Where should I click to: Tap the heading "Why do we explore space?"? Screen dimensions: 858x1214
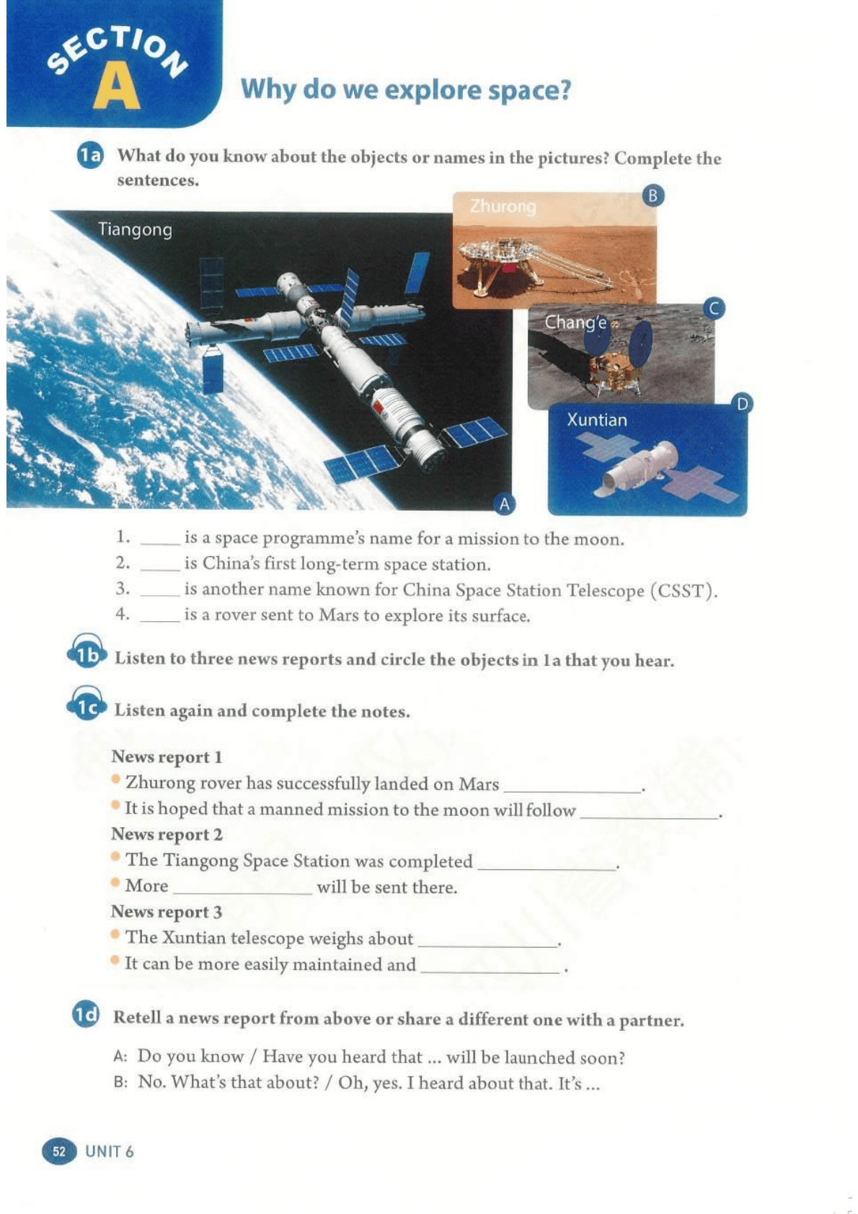pos(406,90)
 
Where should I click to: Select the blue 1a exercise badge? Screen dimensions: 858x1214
pos(90,156)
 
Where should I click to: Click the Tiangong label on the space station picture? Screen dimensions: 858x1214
pos(135,230)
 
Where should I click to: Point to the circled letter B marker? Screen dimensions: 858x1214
pos(653,195)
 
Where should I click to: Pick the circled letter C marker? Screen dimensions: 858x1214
pos(714,309)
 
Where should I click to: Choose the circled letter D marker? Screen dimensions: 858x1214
pos(742,404)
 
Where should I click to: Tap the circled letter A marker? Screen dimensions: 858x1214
pos(504,504)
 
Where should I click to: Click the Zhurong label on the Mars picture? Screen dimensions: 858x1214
pos(503,206)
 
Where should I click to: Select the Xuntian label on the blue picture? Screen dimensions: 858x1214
pos(597,420)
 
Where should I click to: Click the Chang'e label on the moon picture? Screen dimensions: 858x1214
pos(575,322)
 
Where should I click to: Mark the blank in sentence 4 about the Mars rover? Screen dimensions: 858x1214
pos(160,620)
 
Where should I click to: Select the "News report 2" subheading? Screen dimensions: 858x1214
pos(167,834)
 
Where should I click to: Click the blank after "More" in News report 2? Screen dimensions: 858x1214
pos(243,893)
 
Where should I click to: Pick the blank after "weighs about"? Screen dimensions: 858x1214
pos(487,945)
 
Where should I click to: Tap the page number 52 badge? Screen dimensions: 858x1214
pos(59,1152)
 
